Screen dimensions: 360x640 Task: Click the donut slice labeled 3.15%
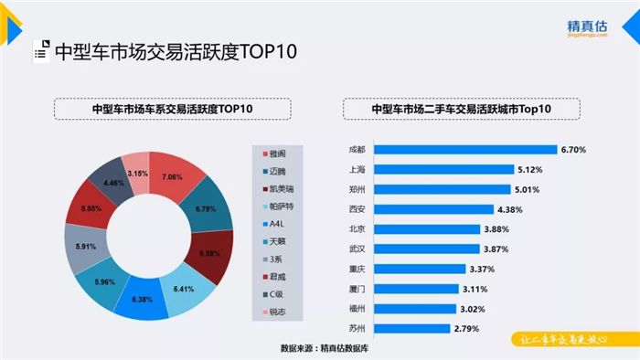(x=137, y=172)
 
